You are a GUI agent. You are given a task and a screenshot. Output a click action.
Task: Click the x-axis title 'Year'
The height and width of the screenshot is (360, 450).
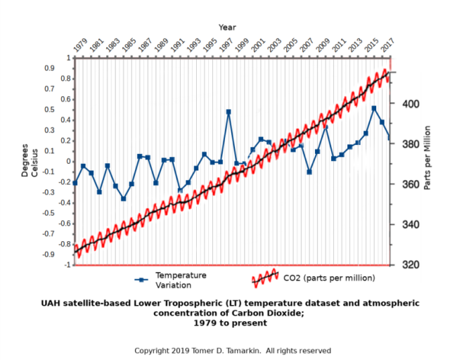[226, 27]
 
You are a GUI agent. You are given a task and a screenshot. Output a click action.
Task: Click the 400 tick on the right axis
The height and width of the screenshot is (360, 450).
[410, 104]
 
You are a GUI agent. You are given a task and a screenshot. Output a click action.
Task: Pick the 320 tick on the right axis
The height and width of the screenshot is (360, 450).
[410, 265]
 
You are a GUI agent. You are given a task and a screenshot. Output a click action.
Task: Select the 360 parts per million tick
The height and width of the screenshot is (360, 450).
[410, 185]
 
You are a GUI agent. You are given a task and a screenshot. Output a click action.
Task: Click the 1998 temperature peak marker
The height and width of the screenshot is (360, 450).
[229, 112]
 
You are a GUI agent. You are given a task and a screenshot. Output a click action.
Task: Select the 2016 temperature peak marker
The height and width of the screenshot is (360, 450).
[374, 108]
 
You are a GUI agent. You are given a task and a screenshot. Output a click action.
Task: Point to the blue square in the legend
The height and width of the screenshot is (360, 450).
[142, 279]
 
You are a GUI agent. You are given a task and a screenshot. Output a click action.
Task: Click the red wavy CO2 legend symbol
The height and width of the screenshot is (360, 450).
[265, 278]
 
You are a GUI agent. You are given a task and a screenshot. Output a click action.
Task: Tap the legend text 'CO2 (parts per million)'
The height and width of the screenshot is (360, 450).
[329, 278]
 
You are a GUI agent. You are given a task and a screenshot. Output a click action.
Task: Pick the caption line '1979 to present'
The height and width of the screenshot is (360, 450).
[231, 323]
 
